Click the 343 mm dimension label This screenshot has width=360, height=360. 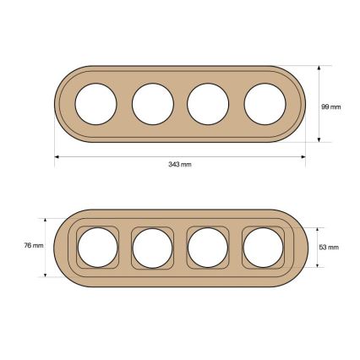(180, 164)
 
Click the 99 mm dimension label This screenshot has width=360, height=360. (331, 106)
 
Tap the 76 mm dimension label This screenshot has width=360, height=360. (34, 245)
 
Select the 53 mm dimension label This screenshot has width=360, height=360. (329, 248)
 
